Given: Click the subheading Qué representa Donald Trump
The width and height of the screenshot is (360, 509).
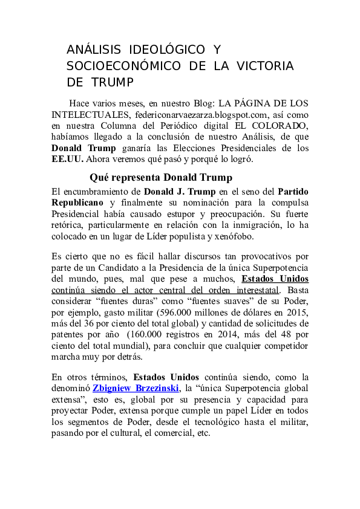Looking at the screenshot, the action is pyautogui.click(x=160, y=178).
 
